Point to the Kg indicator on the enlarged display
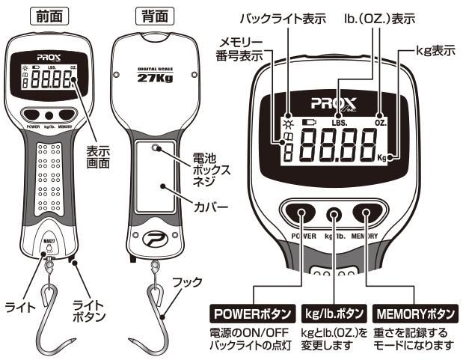pyautogui.click(x=383, y=158)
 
